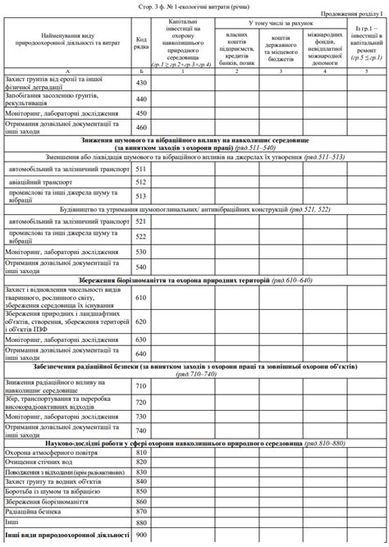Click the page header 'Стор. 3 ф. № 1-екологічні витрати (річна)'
[194, 5]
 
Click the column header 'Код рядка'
[141, 43]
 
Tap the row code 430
[141, 83]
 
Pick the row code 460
[141, 127]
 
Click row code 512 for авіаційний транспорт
[141, 181]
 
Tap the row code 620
[141, 321]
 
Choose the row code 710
[141, 385]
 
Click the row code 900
[141, 536]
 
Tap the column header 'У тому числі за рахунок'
[278, 25]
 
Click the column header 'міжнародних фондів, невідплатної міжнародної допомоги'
[324, 49]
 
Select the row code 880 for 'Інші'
[141, 522]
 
